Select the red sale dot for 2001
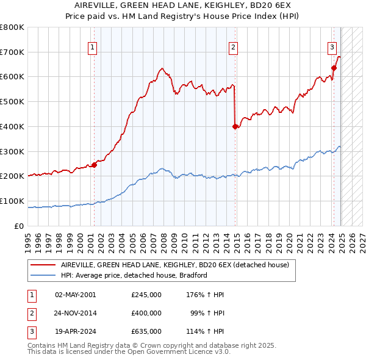94,164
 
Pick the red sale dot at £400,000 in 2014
235,126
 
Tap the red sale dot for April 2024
334,68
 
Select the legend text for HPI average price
134,275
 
